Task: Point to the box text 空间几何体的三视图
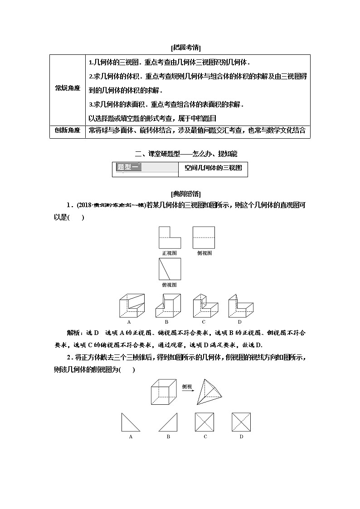[x=213, y=168]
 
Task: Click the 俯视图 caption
[x=169, y=285]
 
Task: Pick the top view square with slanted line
[x=170, y=269]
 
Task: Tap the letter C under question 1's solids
[x=204, y=322]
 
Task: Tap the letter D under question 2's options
[x=241, y=436]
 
